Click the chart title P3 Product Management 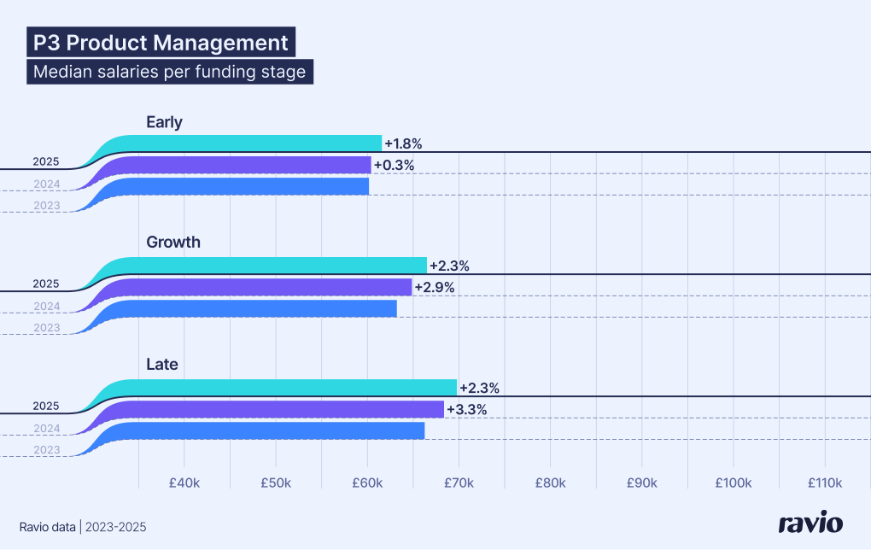161,43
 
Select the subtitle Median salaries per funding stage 169,72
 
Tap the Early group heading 164,122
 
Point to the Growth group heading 173,243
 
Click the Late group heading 162,365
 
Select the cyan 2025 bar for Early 256,143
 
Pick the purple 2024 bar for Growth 265,287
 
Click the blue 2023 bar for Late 273,430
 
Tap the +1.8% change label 403,143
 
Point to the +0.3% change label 394,165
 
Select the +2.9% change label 434,287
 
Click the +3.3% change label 466,409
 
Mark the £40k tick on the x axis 184,483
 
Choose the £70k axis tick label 459,483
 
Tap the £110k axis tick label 824,483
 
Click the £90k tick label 641,483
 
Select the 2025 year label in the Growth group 46,284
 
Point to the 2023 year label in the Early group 46,205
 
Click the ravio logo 810,524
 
